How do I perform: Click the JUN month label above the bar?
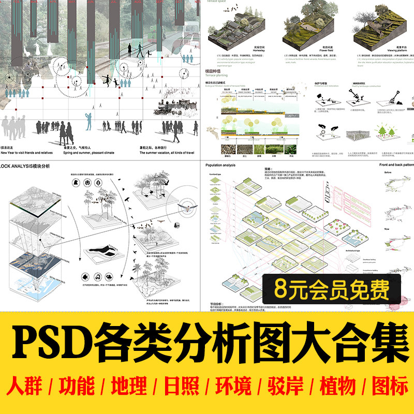click(90, 2)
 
